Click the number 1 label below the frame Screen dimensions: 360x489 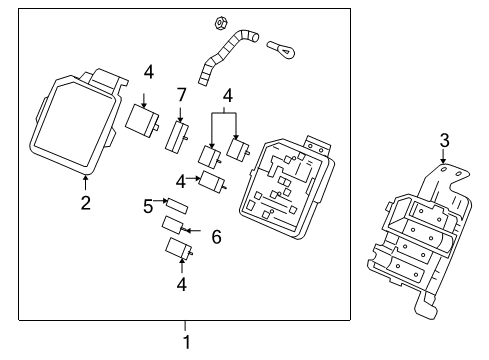[x=185, y=342]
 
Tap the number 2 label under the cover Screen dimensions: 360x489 [x=86, y=203]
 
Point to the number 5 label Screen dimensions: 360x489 [x=147, y=208]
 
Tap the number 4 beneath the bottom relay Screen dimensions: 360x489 [x=180, y=284]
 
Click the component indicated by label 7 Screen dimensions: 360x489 [x=178, y=135]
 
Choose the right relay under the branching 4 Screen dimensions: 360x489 [x=240, y=148]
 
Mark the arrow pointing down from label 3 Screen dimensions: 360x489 [x=442, y=156]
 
